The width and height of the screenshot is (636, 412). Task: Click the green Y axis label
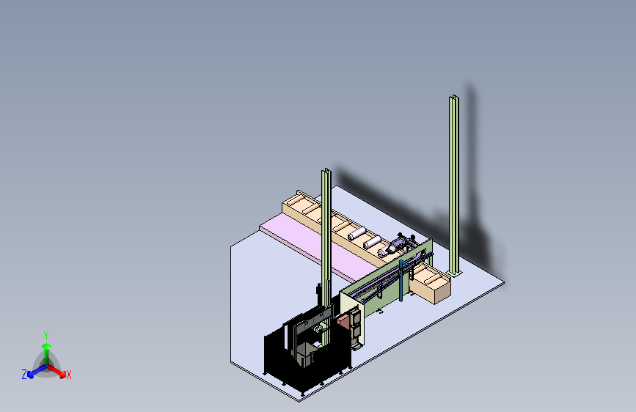(46, 336)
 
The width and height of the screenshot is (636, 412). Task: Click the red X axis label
(68, 375)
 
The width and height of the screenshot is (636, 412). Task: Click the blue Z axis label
(24, 375)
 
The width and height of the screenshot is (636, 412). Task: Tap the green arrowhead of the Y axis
(47, 347)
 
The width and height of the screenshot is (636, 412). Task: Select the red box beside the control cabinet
(343, 322)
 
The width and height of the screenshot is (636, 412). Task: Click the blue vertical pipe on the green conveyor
(401, 282)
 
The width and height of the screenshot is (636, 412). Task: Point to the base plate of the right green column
(454, 273)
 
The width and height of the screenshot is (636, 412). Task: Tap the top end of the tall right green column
(454, 97)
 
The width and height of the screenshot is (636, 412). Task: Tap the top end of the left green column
(326, 171)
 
